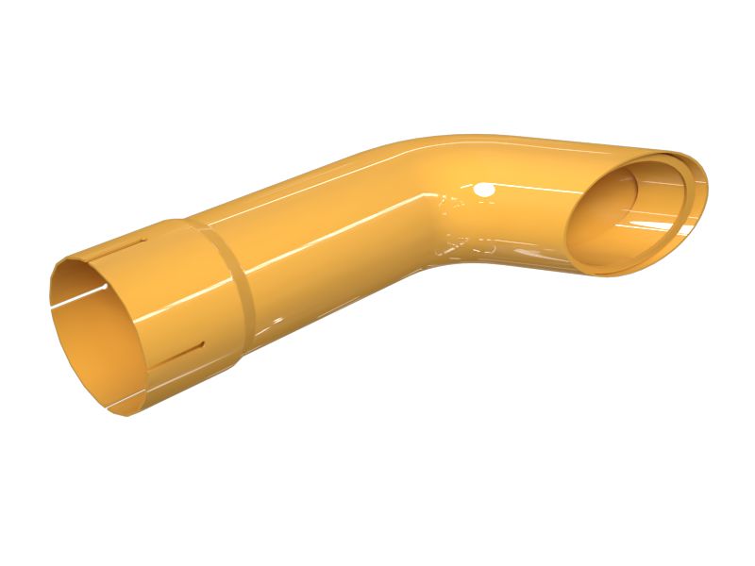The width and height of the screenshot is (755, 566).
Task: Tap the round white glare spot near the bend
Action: click(485, 191)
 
